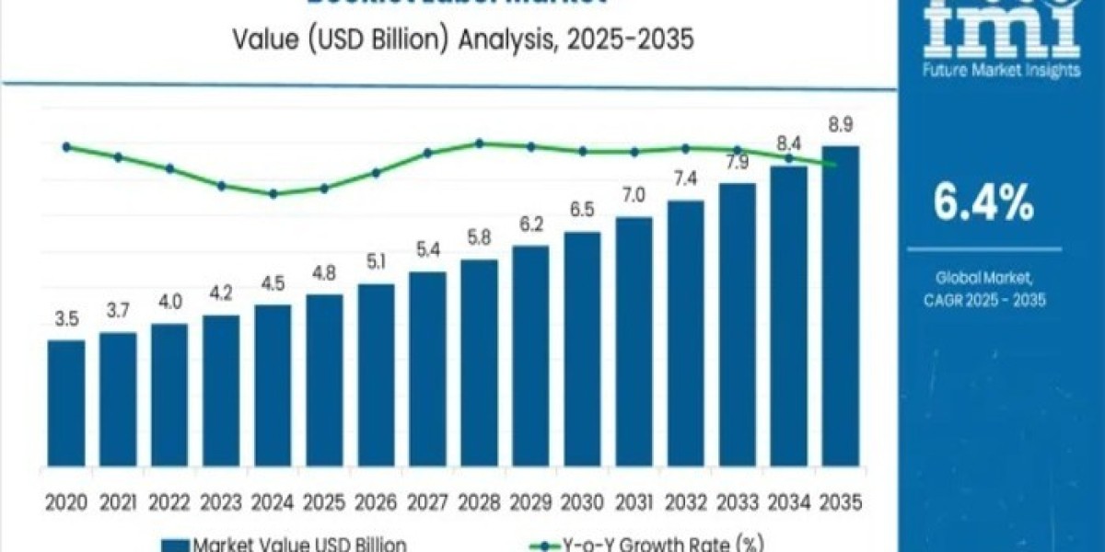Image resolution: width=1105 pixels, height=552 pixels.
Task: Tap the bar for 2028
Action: [x=479, y=367]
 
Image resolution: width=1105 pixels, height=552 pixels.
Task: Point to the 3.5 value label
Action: [x=66, y=321]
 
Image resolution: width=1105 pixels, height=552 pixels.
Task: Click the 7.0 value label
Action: [x=634, y=196]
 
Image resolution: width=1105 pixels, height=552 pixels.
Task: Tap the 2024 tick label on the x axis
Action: [x=273, y=502]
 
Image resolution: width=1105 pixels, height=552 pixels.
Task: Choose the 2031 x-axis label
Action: [x=634, y=502]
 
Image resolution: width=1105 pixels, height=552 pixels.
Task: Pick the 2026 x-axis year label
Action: [x=376, y=502]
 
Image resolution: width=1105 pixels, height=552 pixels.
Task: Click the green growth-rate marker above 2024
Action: [x=273, y=194]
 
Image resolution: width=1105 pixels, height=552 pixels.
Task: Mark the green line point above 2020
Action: [x=66, y=146]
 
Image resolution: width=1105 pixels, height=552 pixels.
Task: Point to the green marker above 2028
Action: [x=480, y=143]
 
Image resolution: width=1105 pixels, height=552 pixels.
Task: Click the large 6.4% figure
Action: [x=983, y=204]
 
